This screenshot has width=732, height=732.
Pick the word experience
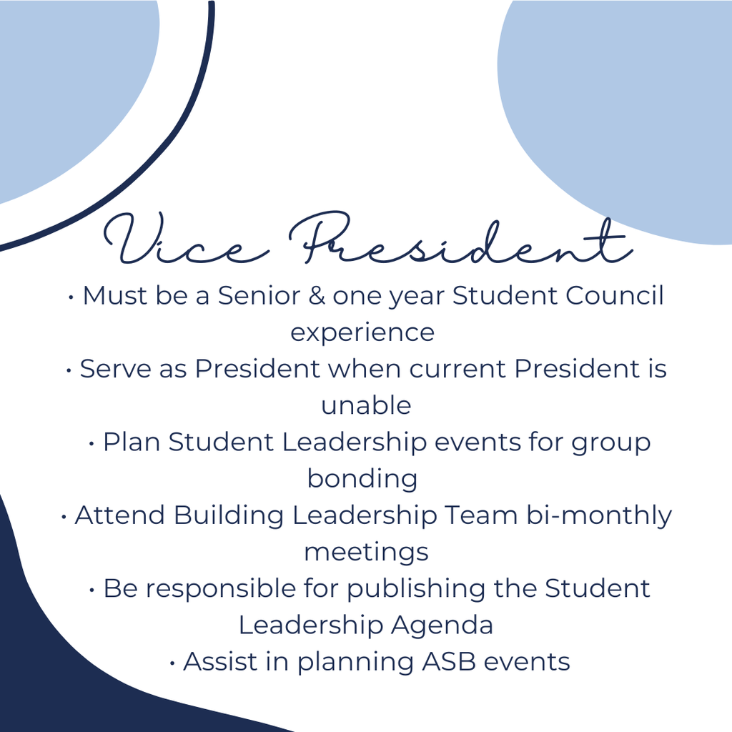pos(362,332)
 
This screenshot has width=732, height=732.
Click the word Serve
pos(108,369)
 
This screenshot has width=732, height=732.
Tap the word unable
pos(365,405)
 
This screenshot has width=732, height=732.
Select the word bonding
pos(362,478)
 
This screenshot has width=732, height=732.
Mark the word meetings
pos(366,552)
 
